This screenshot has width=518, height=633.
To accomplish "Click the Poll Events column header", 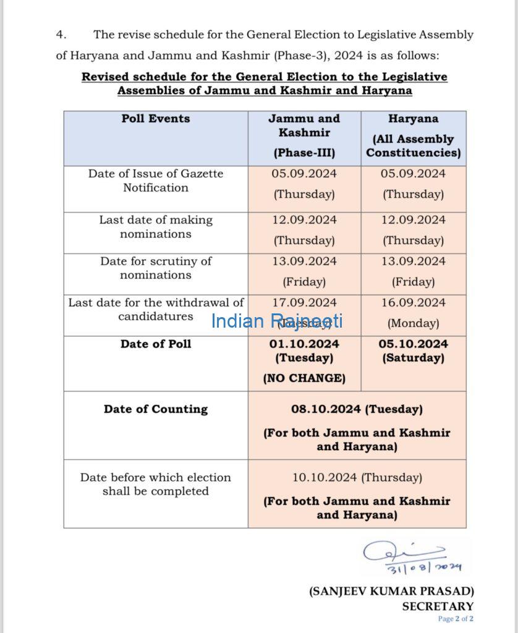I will click(x=156, y=119).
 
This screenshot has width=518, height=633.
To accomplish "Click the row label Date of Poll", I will click(x=156, y=344).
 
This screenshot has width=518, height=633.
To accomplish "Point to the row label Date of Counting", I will click(x=156, y=409).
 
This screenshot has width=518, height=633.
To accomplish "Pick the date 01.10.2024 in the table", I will click(x=304, y=344).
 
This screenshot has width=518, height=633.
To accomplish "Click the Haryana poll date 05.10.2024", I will click(x=413, y=344).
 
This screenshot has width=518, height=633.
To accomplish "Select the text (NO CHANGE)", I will click(x=304, y=378).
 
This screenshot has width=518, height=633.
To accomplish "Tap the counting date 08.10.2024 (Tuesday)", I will click(x=357, y=409).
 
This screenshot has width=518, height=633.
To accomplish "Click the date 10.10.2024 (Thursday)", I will click(x=357, y=477).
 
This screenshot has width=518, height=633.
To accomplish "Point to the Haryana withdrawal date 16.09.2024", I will click(x=413, y=303).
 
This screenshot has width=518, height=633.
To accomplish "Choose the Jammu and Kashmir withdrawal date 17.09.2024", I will click(x=304, y=303).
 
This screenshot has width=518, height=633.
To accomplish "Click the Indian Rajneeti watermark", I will click(x=276, y=321).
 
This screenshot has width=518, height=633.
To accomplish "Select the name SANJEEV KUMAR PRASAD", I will click(x=391, y=592).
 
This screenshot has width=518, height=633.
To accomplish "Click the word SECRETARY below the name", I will click(x=438, y=606).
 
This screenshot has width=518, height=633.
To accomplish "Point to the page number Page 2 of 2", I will click(x=456, y=619).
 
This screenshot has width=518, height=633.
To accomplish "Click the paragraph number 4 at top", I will click(x=59, y=35).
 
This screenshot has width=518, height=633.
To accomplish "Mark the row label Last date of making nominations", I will click(x=156, y=227).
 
